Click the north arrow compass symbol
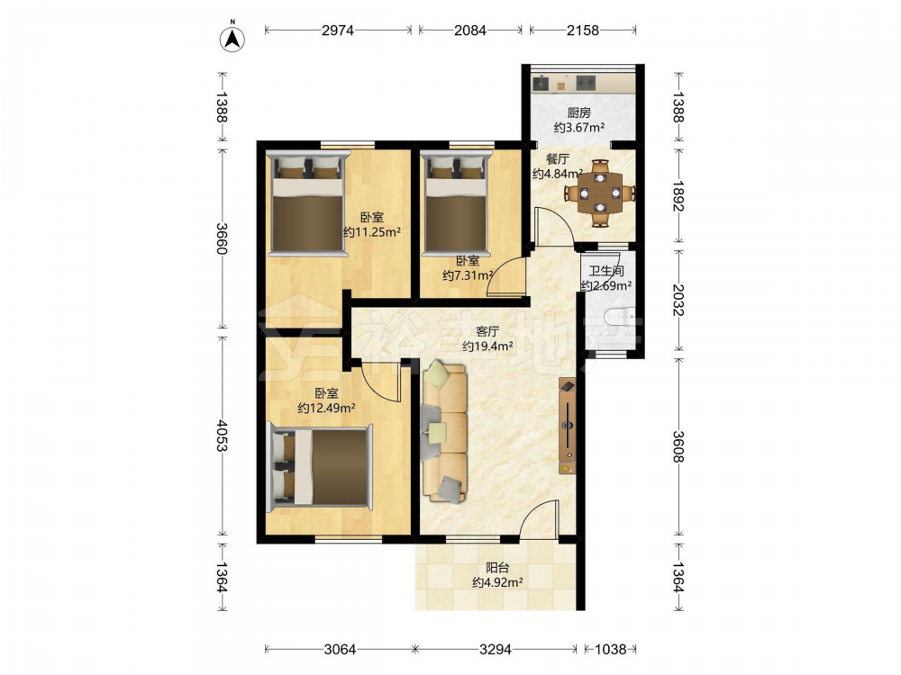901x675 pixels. tap(232, 37)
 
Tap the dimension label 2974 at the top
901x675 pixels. tap(338, 31)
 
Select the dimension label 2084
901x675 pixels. tap(470, 31)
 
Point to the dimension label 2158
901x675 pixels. tap(583, 31)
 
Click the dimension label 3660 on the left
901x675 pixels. tap(223, 238)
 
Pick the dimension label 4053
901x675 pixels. tap(223, 436)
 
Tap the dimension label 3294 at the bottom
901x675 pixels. tap(496, 649)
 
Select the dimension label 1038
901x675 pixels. tap(610, 649)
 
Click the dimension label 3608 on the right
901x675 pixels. tap(678, 447)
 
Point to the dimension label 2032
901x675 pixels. tap(678, 301)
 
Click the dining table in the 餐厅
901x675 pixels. tap(600, 193)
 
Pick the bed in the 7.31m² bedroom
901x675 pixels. tap(457, 202)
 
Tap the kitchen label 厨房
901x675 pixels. tap(578, 113)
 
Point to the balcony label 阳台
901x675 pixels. tap(497, 568)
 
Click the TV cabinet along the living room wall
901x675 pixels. tap(567, 426)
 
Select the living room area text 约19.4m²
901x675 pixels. tap(487, 346)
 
